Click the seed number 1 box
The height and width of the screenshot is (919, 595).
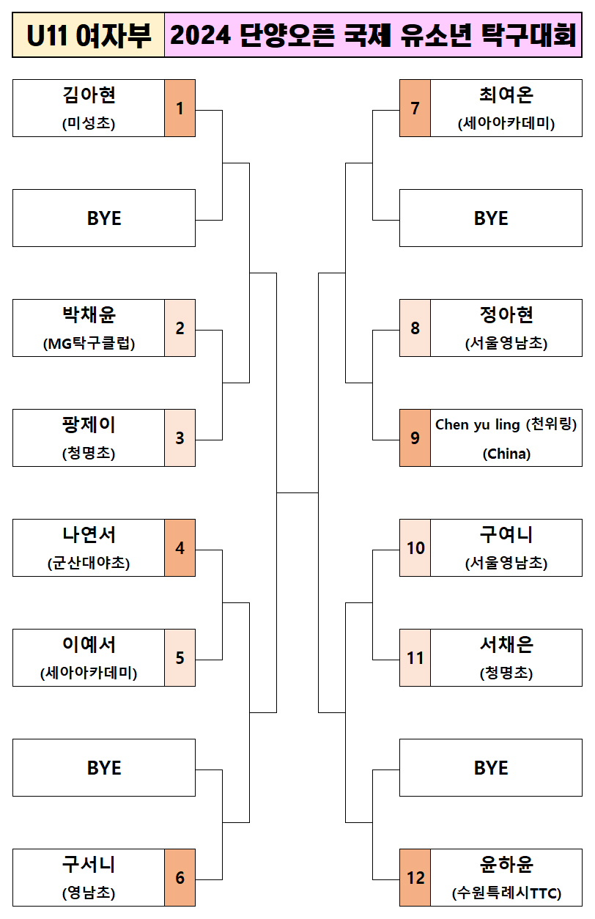(180, 108)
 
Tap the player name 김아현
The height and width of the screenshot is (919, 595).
(89, 95)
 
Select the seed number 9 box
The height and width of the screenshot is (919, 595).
(415, 438)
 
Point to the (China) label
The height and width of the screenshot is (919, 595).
(506, 454)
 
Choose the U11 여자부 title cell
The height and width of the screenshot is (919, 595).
(88, 35)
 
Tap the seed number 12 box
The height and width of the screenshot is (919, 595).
(415, 878)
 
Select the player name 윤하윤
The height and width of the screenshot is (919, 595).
(506, 865)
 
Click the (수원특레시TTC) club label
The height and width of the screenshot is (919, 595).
(506, 893)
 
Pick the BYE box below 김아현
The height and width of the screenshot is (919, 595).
(104, 218)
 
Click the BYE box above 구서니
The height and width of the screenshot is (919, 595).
(104, 768)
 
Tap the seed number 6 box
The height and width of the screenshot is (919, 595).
(180, 878)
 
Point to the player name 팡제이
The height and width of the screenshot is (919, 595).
(89, 425)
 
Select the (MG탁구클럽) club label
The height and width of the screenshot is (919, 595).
(89, 344)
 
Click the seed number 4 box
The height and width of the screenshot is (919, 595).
(180, 548)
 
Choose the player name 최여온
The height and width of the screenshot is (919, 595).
(506, 95)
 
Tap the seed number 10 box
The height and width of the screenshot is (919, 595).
(415, 548)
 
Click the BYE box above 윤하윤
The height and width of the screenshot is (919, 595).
(491, 768)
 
